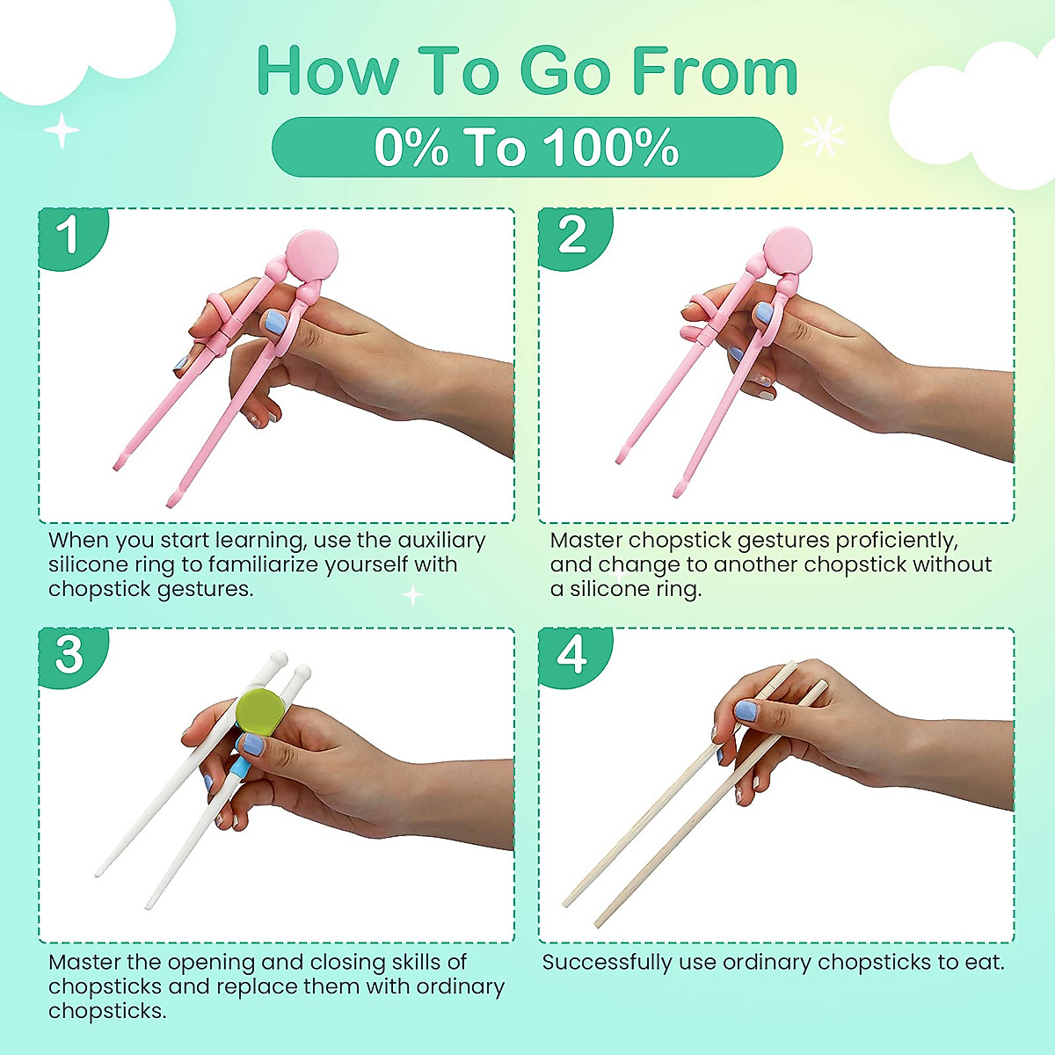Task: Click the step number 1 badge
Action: (x=69, y=236)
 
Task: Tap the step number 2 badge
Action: (x=571, y=236)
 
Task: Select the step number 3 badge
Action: (x=69, y=656)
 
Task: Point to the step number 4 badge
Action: (x=571, y=656)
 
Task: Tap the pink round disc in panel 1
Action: (x=312, y=253)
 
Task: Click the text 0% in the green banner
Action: (x=411, y=148)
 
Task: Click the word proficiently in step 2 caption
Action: (x=896, y=541)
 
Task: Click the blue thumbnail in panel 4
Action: (x=746, y=711)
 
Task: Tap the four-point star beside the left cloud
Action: (x=62, y=132)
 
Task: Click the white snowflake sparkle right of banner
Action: (x=824, y=137)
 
